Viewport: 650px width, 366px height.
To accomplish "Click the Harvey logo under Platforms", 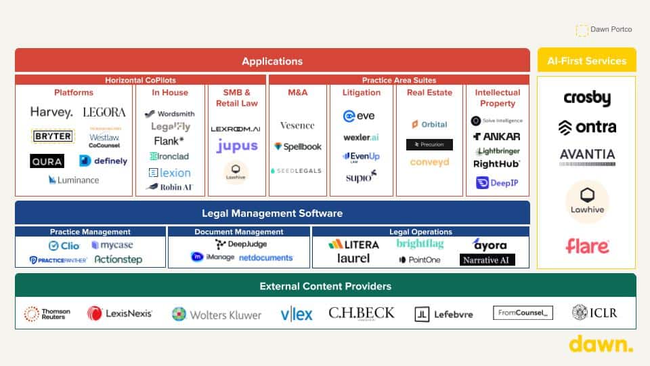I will click(51, 113).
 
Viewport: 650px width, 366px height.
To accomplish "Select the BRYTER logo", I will click(53, 136).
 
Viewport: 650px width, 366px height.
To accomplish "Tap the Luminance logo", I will click(74, 180).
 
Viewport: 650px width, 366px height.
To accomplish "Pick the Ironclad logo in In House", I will click(169, 157).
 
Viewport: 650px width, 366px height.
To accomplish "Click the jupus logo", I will click(237, 146).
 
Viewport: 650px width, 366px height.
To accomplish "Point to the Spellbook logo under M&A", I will click(297, 146).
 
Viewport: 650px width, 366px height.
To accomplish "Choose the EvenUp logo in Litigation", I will click(361, 157).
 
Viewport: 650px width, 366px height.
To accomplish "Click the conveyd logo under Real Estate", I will click(429, 163).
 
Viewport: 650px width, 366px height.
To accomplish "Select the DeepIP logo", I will click(497, 182).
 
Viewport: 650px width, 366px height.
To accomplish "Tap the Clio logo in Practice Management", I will click(64, 246).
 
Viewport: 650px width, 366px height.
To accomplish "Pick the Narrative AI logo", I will click(487, 260).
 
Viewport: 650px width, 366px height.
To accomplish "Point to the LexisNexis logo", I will click(120, 313).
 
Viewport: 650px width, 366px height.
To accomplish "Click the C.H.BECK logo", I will click(361, 313).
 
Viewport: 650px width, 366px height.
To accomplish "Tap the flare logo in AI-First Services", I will click(587, 245).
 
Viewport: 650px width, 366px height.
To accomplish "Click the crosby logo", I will click(587, 99).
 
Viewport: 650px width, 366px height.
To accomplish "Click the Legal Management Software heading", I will click(272, 213).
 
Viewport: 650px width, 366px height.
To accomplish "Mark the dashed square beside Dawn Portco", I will click(582, 30).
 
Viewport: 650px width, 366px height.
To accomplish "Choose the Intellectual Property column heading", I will click(497, 98).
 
